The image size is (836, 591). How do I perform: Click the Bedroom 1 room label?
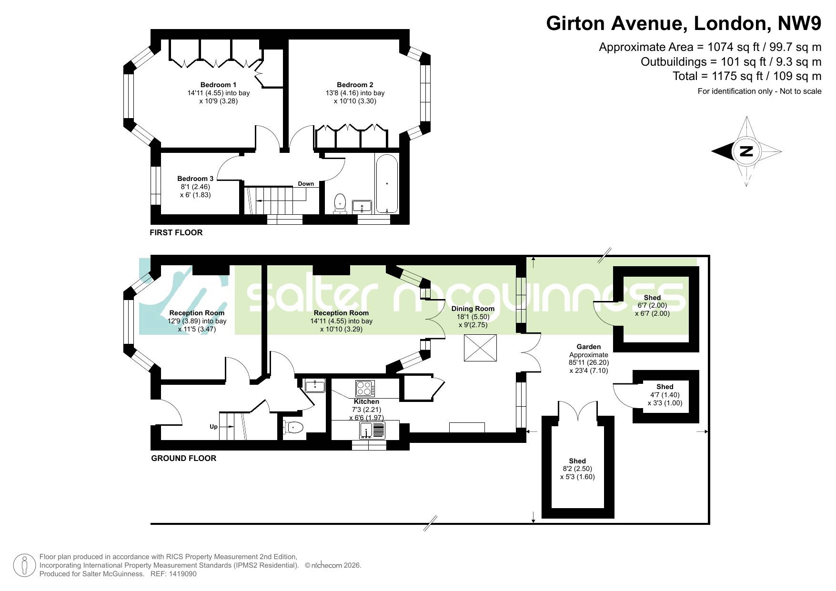[218, 85]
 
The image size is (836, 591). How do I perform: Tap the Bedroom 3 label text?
[195, 179]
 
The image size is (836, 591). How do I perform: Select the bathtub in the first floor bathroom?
[386, 183]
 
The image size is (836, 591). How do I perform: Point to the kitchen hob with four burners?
[365, 389]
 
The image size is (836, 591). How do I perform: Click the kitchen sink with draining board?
[372, 431]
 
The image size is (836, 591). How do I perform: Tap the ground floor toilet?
[293, 428]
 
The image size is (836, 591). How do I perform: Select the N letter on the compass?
[746, 151]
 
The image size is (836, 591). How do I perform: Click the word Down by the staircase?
[306, 184]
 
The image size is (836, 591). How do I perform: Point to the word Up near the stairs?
[213, 427]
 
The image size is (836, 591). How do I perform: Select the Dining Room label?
[473, 309]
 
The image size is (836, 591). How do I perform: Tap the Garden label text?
[588, 347]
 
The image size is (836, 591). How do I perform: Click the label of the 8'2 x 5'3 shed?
[577, 461]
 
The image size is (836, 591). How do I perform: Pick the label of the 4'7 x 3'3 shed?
[665, 387]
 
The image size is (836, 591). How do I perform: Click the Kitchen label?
[366, 401]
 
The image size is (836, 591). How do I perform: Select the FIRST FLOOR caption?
[176, 232]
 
